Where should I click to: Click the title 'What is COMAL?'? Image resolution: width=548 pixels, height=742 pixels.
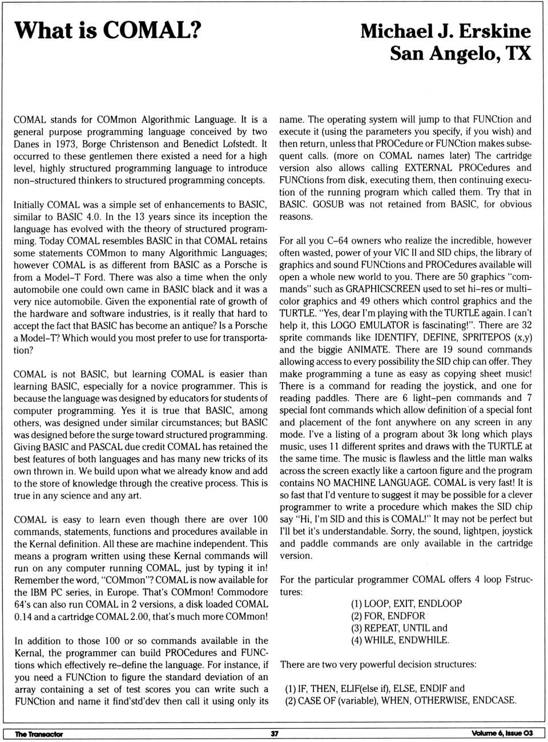(x=107, y=30)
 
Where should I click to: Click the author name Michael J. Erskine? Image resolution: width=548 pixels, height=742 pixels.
(x=445, y=31)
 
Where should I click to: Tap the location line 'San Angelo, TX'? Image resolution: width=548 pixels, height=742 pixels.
(x=460, y=54)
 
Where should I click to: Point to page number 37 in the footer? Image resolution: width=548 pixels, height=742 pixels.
(x=275, y=733)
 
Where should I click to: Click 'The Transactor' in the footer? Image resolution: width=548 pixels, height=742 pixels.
(x=39, y=734)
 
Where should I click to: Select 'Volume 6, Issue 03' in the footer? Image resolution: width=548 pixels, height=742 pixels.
(x=502, y=733)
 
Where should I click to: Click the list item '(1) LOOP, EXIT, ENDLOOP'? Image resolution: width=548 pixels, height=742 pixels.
(x=406, y=603)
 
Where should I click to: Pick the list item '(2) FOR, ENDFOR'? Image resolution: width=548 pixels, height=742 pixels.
(x=388, y=616)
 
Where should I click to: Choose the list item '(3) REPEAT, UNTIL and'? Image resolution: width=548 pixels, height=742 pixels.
(x=399, y=628)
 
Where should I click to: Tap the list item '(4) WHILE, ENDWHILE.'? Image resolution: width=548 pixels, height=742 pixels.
(x=400, y=640)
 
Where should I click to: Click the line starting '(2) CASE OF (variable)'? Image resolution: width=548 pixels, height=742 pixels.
(x=401, y=700)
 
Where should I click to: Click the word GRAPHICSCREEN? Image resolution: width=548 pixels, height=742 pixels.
(x=383, y=289)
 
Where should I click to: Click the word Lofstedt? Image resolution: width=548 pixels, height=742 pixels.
(x=239, y=144)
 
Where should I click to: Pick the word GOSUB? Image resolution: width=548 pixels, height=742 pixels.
(x=328, y=204)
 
